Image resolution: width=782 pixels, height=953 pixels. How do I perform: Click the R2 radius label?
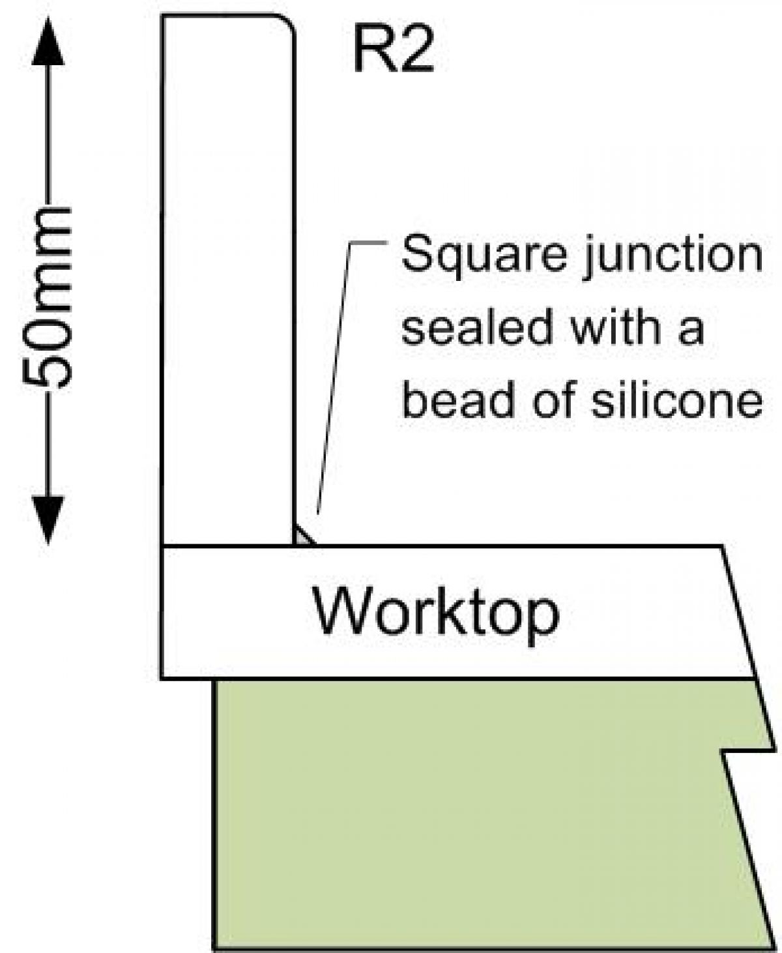coord(393,51)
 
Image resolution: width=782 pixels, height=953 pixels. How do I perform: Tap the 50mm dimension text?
coord(48,297)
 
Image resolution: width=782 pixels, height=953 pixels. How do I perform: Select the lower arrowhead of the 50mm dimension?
coord(48,518)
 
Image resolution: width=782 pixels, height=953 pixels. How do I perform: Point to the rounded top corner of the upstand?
coord(287,23)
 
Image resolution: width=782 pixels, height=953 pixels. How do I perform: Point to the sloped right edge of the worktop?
coord(738,613)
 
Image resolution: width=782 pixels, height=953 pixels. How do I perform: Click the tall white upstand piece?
coord(228,280)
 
